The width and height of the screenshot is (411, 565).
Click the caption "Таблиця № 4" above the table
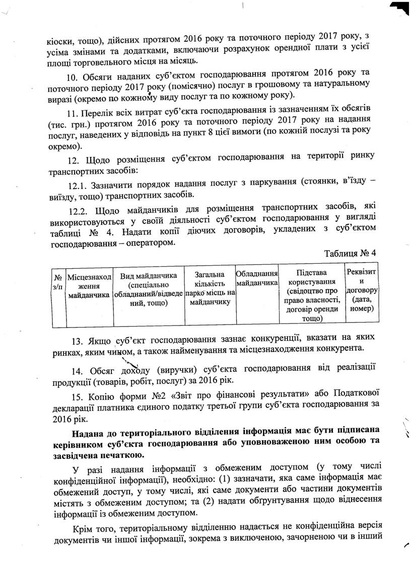[351, 253]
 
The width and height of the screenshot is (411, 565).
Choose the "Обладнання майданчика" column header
[257, 278]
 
